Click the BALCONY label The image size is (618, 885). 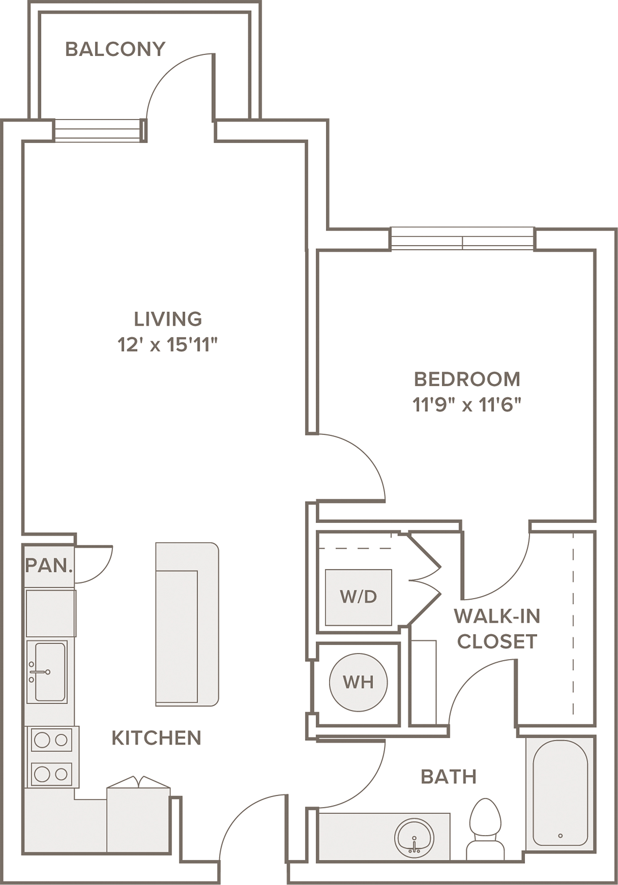point(115,49)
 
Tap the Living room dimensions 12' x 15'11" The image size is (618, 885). point(168,345)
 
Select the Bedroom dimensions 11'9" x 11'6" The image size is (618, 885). point(467,405)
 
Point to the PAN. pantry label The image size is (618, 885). point(49,565)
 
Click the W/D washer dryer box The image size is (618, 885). point(358,597)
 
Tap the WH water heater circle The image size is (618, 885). point(358,682)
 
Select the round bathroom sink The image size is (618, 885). point(414,838)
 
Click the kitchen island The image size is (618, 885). point(187,625)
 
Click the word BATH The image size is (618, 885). point(449,777)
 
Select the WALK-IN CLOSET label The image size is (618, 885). point(497,629)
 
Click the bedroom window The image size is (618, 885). point(462,239)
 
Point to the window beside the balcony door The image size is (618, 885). point(99,130)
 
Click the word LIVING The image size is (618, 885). point(168,319)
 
